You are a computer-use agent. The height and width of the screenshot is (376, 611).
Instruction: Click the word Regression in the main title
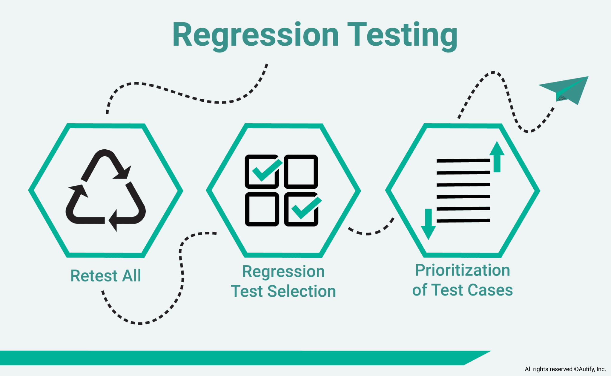tap(255, 35)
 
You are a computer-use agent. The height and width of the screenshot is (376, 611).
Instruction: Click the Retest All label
tap(106, 276)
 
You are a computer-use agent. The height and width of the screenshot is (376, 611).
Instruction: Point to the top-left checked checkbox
tap(262, 171)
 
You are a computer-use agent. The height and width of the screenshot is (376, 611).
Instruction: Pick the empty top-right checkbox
tap(301, 171)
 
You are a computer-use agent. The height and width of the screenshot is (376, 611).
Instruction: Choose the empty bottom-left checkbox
tap(262, 209)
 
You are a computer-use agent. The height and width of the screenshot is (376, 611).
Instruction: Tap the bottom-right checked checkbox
tap(301, 209)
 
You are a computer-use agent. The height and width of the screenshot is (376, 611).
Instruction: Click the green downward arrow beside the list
tap(428, 224)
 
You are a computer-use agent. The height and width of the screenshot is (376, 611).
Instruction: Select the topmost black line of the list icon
tap(463, 161)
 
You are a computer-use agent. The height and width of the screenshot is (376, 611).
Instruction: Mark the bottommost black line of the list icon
tap(463, 221)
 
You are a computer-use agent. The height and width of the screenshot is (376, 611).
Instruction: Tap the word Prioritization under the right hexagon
tap(462, 270)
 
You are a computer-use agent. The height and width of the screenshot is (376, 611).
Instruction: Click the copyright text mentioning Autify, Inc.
tap(565, 369)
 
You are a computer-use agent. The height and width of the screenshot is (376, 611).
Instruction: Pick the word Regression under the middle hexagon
tap(283, 271)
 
